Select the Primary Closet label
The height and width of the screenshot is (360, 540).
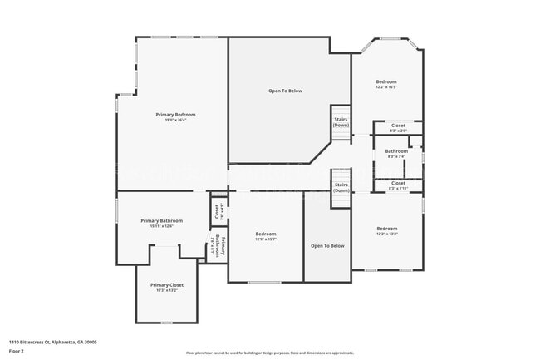(167, 285)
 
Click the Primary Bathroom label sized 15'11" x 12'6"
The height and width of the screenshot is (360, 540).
(161, 220)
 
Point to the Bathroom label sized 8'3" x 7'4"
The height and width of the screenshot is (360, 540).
(396, 151)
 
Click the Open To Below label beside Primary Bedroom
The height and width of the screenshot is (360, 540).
(284, 90)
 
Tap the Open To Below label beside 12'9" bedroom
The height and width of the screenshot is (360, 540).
(327, 245)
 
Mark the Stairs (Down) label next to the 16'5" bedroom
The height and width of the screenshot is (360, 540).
(341, 122)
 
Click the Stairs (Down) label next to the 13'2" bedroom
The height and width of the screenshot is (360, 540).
(341, 188)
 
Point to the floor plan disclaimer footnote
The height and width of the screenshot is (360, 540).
(269, 353)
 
